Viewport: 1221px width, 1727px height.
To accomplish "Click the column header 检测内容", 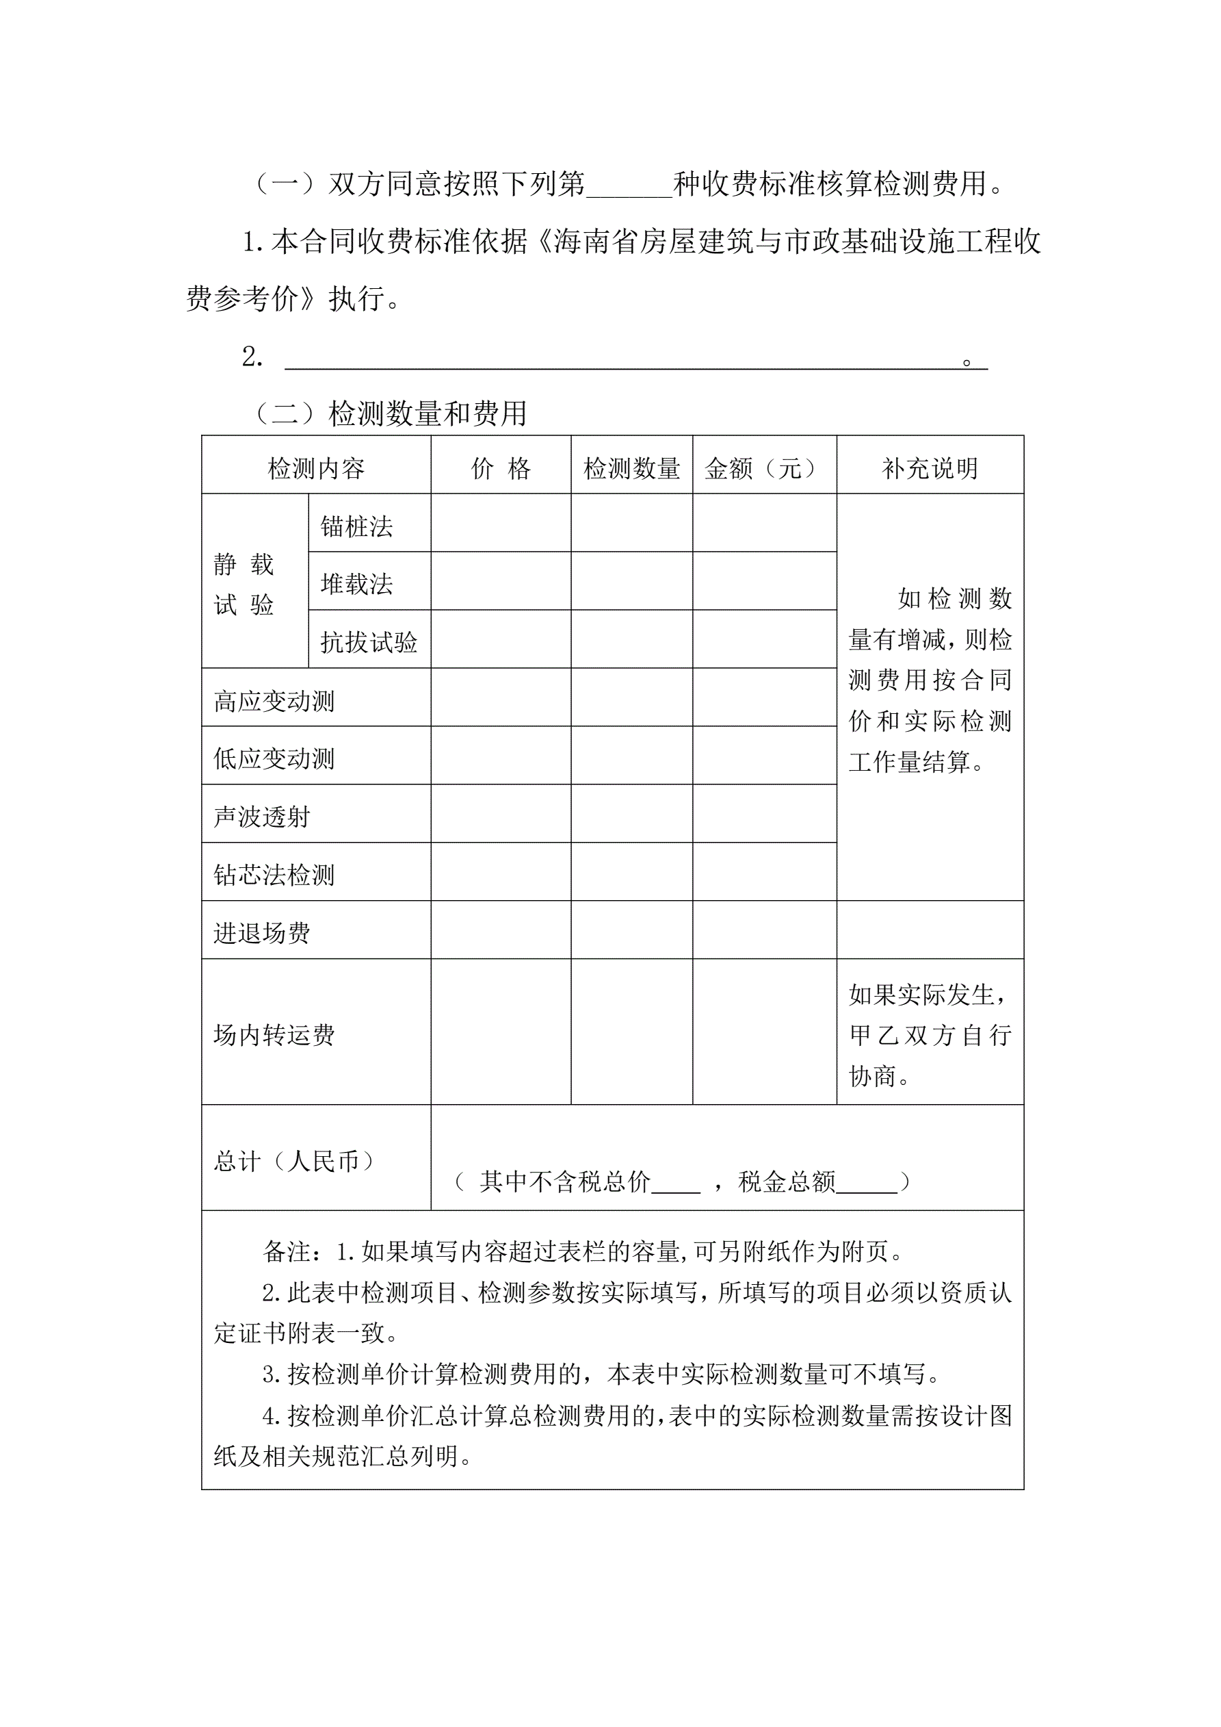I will tap(316, 469).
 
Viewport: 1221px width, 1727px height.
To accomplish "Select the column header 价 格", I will tap(501, 469).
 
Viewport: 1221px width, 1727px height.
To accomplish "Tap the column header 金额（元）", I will tap(764, 469).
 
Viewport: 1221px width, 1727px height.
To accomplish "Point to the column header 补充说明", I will tap(930, 469).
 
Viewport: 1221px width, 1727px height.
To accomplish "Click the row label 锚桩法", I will tap(356, 526).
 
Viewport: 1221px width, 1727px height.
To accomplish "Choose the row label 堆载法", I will tap(356, 585).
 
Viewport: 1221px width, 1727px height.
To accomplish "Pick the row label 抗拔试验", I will tap(369, 642).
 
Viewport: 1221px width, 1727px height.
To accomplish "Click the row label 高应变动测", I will tap(274, 701).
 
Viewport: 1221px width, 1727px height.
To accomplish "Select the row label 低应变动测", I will tap(274, 759).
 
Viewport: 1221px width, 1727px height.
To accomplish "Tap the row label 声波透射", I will tap(261, 817).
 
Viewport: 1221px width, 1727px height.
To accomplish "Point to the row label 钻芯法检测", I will tap(274, 875).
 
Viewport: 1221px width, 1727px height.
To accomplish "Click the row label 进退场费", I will tap(261, 934).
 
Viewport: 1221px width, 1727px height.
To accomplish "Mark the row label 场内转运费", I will tap(274, 1036).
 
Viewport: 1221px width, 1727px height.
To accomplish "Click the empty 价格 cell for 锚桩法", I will tap(501, 524).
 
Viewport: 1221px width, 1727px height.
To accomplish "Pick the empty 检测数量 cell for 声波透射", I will tap(631, 814).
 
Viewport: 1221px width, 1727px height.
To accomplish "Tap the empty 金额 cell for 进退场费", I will tap(764, 930).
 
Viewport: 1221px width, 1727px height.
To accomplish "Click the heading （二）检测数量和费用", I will tap(391, 413).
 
